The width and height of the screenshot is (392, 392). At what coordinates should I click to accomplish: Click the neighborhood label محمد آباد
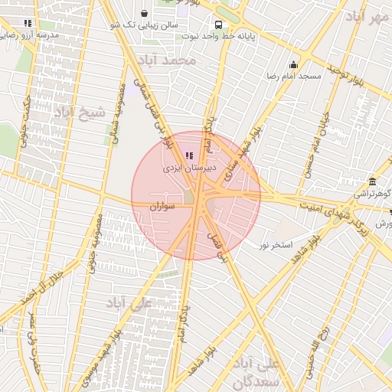[174, 60]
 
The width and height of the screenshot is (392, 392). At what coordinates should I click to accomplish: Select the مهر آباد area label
[367, 16]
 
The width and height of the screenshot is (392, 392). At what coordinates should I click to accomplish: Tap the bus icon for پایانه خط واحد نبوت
[219, 24]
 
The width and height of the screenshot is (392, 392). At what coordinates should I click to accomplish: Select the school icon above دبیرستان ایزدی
[189, 155]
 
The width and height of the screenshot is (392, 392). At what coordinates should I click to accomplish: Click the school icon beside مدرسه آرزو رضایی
[28, 24]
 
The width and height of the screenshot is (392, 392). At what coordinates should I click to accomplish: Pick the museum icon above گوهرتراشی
[372, 181]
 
